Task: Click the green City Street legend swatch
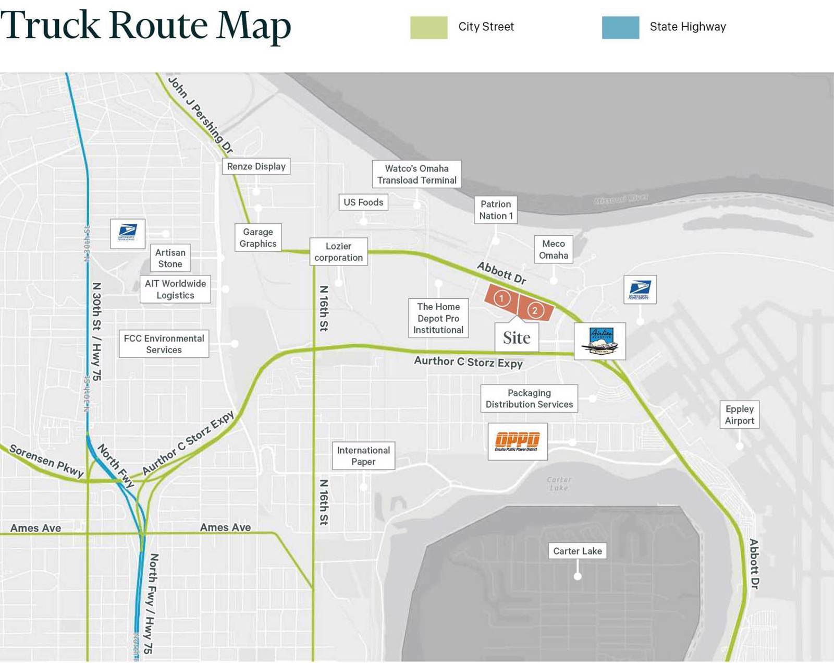tap(428, 27)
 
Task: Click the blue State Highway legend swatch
tap(620, 27)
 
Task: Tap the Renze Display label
tap(256, 166)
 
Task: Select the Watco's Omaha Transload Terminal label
tap(416, 174)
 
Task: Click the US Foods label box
tap(363, 202)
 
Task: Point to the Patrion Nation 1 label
tap(496, 210)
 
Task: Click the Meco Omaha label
tap(554, 249)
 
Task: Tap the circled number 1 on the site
tap(501, 298)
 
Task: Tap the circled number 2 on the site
tap(534, 310)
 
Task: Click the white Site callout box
tap(517, 337)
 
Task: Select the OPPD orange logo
tap(517, 441)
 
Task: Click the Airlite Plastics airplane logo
tap(600, 341)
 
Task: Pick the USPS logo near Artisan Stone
tap(128, 233)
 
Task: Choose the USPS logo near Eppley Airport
tap(640, 290)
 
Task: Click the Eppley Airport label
tap(739, 415)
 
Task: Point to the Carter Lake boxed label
tap(577, 551)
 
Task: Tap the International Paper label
tap(363, 456)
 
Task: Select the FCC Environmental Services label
tap(164, 344)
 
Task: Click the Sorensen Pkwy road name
tap(46, 461)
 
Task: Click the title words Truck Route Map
tap(145, 26)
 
